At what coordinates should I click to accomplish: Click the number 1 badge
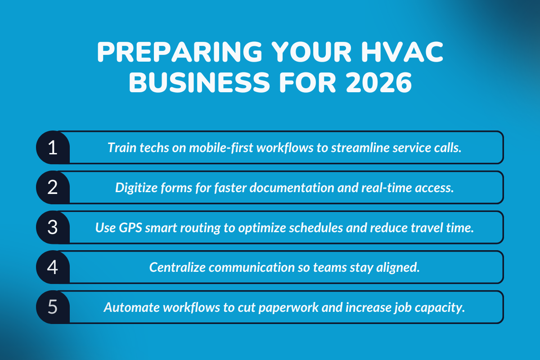coord(53,148)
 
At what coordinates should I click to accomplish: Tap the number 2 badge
coord(53,187)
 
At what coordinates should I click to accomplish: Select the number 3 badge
coord(53,227)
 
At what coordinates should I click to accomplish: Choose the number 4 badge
coord(53,267)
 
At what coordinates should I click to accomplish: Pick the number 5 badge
coord(53,307)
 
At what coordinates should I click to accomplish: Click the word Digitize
coord(133,188)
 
